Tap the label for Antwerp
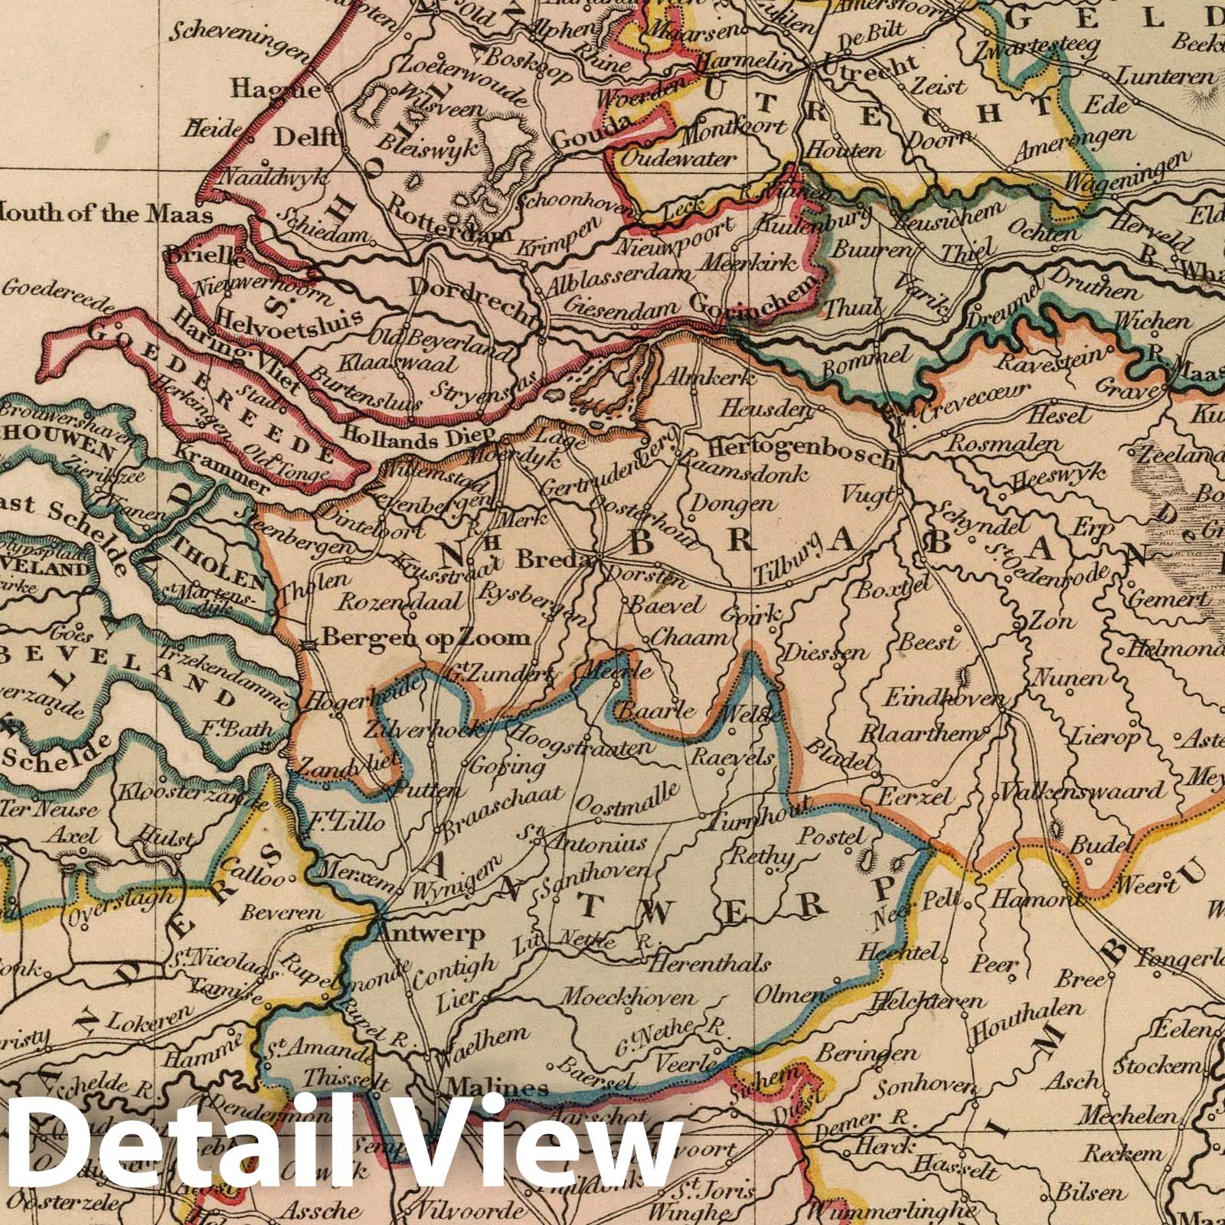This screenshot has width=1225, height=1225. [431, 935]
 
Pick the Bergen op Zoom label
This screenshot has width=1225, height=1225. [426, 637]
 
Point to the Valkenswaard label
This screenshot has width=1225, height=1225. [1083, 792]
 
